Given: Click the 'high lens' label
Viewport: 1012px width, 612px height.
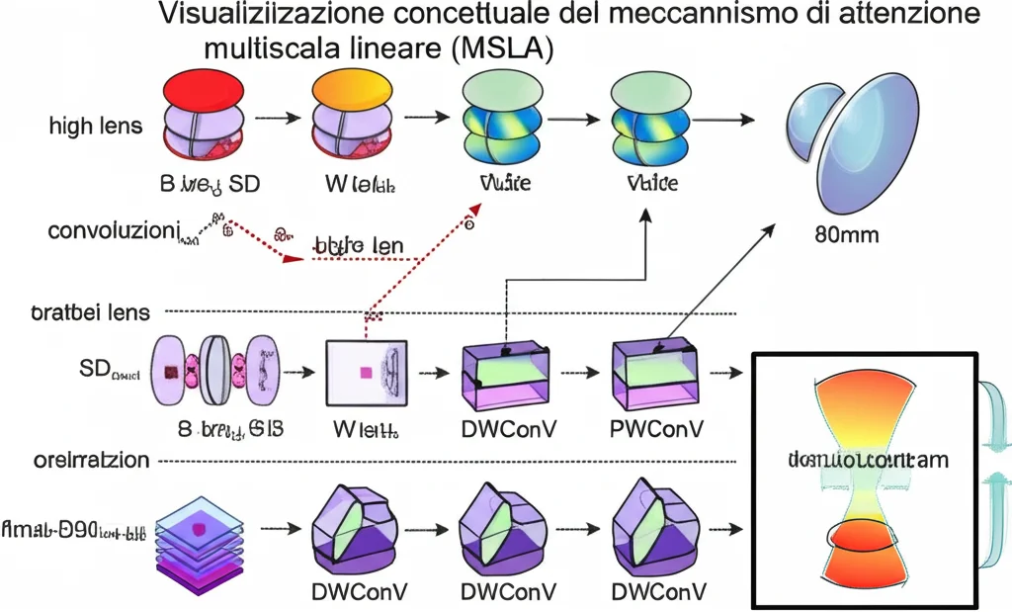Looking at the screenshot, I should point(95,127).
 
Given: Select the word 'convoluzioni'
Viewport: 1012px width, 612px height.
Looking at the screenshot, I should point(112,231).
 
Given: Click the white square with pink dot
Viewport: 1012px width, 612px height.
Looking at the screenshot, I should point(367,373).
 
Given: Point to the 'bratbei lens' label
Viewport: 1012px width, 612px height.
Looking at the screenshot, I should point(90,312).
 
